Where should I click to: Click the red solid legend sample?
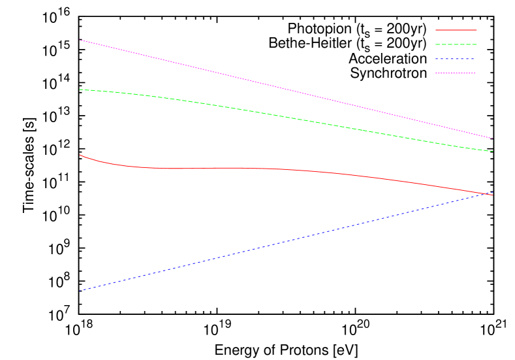coord(456,30)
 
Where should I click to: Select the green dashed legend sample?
coord(456,44)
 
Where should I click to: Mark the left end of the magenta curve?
coord(80,41)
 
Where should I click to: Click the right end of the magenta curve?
coord(492,139)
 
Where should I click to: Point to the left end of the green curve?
coord(80,90)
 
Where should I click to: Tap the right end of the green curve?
coord(493,152)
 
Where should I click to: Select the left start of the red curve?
coord(80,155)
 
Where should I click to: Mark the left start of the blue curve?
coord(80,291)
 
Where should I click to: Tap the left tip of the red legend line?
coord(436,30)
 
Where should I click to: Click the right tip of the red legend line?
coord(476,30)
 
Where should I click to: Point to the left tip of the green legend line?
coord(436,44)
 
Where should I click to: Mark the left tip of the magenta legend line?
coord(436,73)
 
